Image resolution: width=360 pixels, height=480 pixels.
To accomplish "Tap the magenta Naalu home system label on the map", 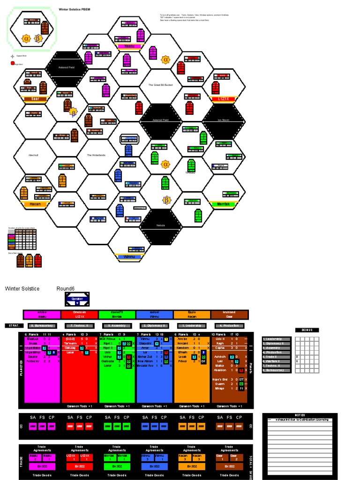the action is click(x=129, y=46).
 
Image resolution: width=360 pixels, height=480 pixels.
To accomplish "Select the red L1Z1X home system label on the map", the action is click(x=223, y=99).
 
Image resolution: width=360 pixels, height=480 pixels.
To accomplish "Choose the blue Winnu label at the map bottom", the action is click(x=129, y=257).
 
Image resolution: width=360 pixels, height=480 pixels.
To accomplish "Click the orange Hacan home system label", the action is click(x=35, y=204).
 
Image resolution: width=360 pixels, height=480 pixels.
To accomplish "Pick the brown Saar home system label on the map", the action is click(x=35, y=99).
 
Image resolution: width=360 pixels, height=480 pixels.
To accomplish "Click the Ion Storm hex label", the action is click(x=223, y=120).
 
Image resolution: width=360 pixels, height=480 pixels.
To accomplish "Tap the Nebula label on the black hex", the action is click(x=161, y=225).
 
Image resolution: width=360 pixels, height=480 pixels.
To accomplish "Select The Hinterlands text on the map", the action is click(x=98, y=155).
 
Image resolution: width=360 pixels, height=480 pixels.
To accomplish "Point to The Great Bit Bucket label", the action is click(x=161, y=85).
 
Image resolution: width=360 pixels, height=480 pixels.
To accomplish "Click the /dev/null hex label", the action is click(x=35, y=155).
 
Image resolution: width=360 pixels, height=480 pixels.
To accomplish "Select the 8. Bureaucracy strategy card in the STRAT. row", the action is click(x=42, y=325).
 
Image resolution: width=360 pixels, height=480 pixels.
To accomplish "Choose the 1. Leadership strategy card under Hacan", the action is click(x=192, y=325).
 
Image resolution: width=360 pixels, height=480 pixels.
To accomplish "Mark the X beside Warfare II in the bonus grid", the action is click(x=297, y=361).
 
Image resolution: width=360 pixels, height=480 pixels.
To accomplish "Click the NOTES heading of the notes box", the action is click(x=300, y=415).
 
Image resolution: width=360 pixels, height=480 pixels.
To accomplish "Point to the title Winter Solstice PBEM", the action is click(x=75, y=9).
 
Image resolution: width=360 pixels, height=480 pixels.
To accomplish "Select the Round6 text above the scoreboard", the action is click(x=65, y=289).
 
